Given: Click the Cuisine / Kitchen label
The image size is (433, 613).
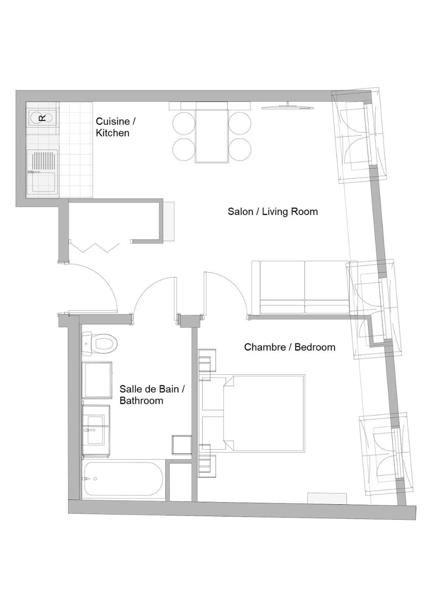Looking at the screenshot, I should [115, 127].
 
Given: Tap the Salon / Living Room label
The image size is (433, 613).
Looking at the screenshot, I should [273, 211].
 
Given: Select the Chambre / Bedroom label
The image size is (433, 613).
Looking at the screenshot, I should [289, 347].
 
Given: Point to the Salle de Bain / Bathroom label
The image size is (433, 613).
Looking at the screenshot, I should [152, 395].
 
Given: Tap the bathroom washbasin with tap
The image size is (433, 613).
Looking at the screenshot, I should [95, 431].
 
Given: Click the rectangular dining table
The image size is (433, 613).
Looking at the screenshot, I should [211, 132].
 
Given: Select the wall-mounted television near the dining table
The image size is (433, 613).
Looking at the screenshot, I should [288, 107].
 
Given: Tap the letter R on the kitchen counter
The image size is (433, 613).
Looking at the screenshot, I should [42, 118].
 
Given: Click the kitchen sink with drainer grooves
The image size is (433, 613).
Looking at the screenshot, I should [43, 171].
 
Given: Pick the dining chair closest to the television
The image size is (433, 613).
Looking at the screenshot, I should [240, 123].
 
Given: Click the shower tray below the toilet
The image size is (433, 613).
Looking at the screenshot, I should [97, 380].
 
